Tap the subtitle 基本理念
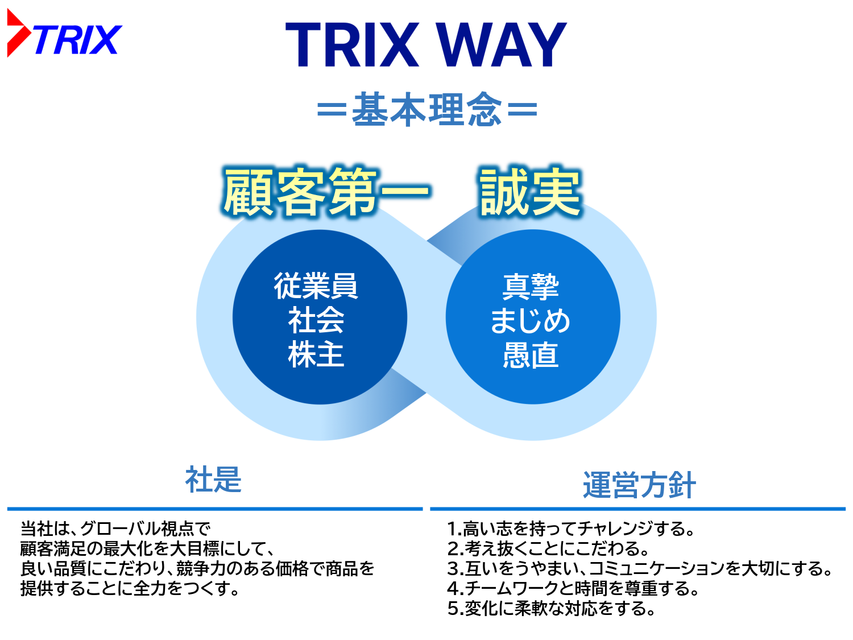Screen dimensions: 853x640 426,109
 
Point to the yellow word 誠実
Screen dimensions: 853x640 530,191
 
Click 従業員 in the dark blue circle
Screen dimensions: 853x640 316,286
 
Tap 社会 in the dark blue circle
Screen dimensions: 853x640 316,320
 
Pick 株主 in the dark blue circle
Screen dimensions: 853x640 316,354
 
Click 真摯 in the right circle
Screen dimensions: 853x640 531,287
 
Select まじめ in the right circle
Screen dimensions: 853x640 531,321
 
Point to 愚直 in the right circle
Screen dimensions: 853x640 531,355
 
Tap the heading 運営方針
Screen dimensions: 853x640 639,485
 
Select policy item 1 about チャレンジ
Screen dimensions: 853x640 570,528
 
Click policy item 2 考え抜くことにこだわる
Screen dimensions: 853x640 548,548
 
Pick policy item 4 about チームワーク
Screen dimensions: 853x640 573,588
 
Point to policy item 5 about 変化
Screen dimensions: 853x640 551,609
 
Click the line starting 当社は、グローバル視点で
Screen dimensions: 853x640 115,528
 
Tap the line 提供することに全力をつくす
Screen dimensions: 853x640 130,588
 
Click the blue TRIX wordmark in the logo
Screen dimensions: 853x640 78,40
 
